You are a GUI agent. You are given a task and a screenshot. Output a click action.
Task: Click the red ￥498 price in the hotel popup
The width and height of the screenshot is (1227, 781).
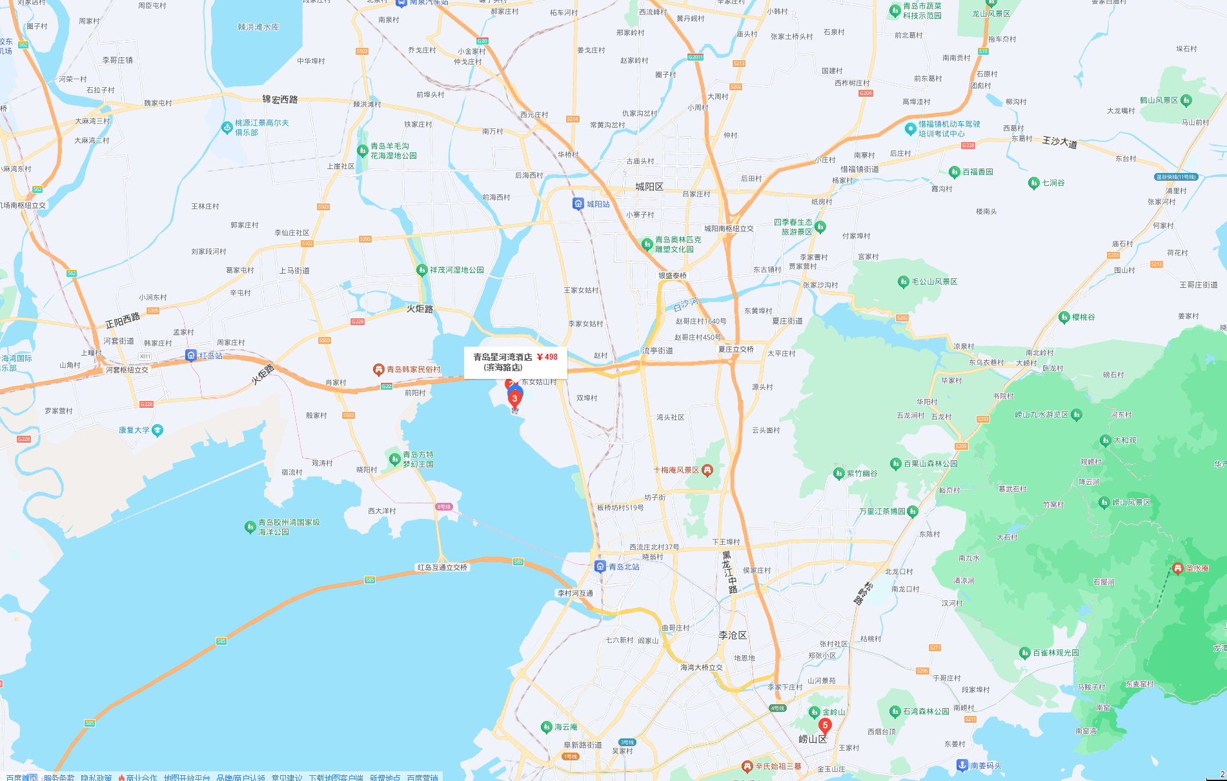point(547,357)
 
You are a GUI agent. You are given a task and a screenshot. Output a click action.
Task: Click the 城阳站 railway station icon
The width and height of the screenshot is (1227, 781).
point(578,204)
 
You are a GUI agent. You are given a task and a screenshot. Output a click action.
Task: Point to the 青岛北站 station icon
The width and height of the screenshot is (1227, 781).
point(600,567)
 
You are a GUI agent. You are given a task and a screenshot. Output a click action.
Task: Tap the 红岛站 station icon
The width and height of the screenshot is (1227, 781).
point(191,355)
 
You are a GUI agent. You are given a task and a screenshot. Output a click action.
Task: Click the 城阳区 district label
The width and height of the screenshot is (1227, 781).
point(649,187)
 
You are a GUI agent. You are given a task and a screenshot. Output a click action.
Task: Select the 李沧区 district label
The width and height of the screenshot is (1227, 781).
point(733,635)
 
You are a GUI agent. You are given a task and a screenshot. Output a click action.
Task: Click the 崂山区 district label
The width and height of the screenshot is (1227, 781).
point(813,739)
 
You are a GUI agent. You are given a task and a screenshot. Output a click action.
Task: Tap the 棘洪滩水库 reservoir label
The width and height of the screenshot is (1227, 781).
point(258,27)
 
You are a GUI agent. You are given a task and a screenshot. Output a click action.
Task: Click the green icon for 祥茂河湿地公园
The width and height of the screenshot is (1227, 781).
point(422,270)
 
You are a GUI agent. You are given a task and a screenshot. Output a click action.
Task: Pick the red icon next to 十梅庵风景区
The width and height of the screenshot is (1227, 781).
point(707,470)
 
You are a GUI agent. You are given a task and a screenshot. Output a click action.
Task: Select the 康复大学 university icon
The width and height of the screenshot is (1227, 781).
point(157,431)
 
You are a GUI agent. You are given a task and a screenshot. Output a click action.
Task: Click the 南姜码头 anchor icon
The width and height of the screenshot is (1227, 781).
point(962,766)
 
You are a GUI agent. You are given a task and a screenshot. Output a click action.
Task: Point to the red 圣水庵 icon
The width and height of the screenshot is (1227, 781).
point(1177,568)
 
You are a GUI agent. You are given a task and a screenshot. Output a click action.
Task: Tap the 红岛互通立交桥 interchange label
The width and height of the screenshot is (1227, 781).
point(442,567)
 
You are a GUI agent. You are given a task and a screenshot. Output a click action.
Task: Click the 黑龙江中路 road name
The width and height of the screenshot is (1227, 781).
point(729,572)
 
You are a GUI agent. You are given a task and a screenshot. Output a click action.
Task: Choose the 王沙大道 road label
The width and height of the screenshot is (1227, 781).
point(1060,142)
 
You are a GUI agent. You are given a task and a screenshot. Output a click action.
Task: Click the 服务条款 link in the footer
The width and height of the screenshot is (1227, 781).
point(59,777)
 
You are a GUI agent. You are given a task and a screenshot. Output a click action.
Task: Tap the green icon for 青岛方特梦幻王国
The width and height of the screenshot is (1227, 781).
point(395,459)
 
